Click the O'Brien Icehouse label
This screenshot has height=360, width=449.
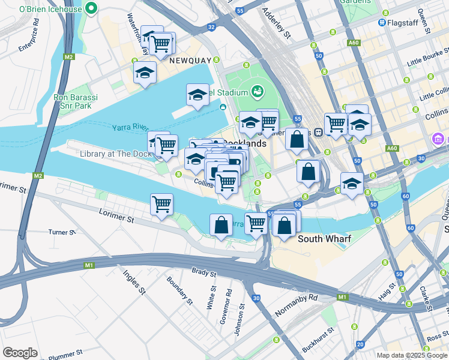coord(50,8)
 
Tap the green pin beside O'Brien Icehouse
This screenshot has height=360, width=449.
coord(91,8)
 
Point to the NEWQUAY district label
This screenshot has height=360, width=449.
coord(190,61)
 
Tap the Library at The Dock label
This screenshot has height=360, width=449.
coord(116,154)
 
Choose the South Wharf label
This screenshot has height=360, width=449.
coord(325,239)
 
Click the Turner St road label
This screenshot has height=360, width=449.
coord(62,232)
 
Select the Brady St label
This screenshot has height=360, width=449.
coord(203,273)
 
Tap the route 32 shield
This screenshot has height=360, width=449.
coord(211,27)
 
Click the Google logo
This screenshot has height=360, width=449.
coord(20,352)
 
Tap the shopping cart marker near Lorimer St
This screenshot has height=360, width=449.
coord(162,205)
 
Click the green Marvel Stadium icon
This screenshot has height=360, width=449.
coord(258,92)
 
